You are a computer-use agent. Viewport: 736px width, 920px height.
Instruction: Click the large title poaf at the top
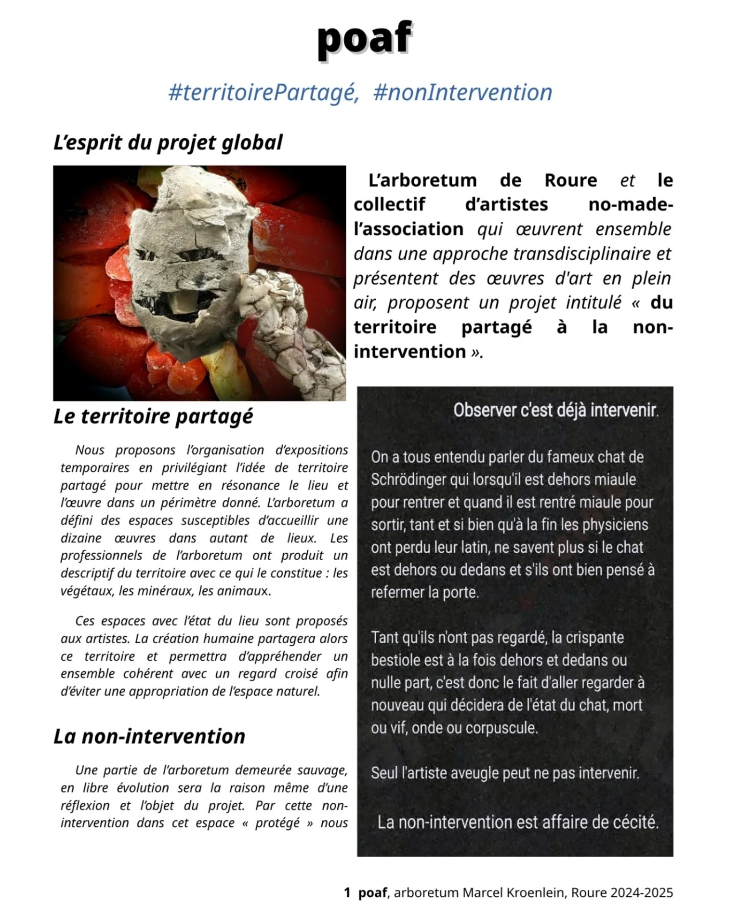(364, 39)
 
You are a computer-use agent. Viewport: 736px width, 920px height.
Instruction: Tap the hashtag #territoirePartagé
(263, 93)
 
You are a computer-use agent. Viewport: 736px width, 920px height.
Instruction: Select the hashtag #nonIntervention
(463, 93)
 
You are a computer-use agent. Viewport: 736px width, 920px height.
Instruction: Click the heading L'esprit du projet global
(168, 143)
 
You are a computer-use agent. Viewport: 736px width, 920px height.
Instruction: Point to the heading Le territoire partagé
(153, 416)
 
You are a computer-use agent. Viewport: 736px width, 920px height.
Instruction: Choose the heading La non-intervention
(149, 737)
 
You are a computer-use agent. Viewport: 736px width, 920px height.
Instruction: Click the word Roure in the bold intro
(570, 180)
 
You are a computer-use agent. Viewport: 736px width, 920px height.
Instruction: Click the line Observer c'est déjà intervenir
(556, 410)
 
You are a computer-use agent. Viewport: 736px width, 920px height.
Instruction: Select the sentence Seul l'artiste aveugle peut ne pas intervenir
(505, 773)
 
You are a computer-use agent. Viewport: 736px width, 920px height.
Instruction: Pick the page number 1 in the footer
(347, 893)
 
